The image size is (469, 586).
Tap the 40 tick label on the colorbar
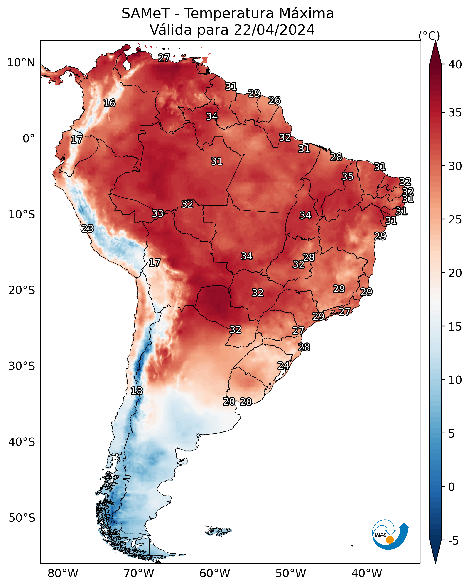pyautogui.click(x=455, y=65)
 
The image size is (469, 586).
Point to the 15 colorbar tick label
pyautogui.click(x=455, y=327)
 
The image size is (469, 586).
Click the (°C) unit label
pyautogui.click(x=429, y=36)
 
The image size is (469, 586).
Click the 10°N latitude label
pyautogui.click(x=21, y=63)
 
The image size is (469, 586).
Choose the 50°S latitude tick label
pyautogui.click(x=22, y=518)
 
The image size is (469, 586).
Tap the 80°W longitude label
pyautogui.click(x=63, y=574)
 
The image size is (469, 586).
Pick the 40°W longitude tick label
pyautogui.click(x=367, y=574)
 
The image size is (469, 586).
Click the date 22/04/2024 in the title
pyautogui.click(x=274, y=30)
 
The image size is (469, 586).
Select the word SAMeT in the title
pyautogui.click(x=146, y=14)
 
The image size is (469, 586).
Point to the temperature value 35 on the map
pyautogui.click(x=348, y=176)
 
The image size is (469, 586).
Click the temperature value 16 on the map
pyautogui.click(x=109, y=103)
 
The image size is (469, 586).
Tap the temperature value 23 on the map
pyautogui.click(x=88, y=229)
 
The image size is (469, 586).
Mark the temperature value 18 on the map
pyautogui.click(x=136, y=391)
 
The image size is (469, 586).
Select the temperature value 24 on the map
pyautogui.click(x=283, y=366)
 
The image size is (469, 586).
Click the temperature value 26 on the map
pyautogui.click(x=274, y=101)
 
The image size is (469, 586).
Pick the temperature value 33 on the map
pyautogui.click(x=158, y=213)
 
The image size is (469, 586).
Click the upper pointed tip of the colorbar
pyautogui.click(x=435, y=41)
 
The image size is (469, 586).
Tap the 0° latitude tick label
pyautogui.click(x=29, y=139)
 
